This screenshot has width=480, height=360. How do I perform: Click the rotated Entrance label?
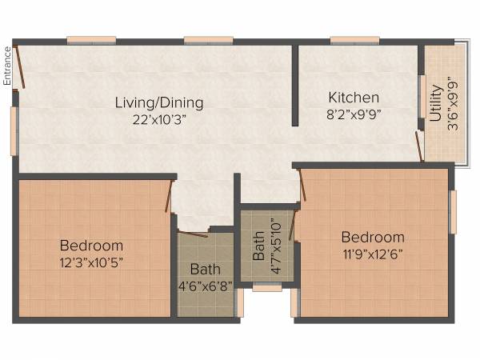7,65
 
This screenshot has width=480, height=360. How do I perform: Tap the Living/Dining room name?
158,102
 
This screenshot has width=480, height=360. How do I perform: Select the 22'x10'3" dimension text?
158,119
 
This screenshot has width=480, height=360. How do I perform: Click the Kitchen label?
354,98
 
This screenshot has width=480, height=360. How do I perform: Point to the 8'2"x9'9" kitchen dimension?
354,114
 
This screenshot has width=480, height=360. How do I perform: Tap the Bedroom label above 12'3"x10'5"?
91,246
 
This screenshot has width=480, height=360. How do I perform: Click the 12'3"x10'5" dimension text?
91,262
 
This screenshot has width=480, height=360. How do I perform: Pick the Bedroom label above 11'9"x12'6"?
373,237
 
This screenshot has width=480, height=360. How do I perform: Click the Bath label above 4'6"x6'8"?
205,270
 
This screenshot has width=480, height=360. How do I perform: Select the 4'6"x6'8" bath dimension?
205,285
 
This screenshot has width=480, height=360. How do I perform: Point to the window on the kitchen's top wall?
354,40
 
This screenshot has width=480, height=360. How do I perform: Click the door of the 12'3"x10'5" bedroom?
170,196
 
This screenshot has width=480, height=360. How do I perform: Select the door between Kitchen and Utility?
419,147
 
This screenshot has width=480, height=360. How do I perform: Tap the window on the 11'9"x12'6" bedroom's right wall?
452,212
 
